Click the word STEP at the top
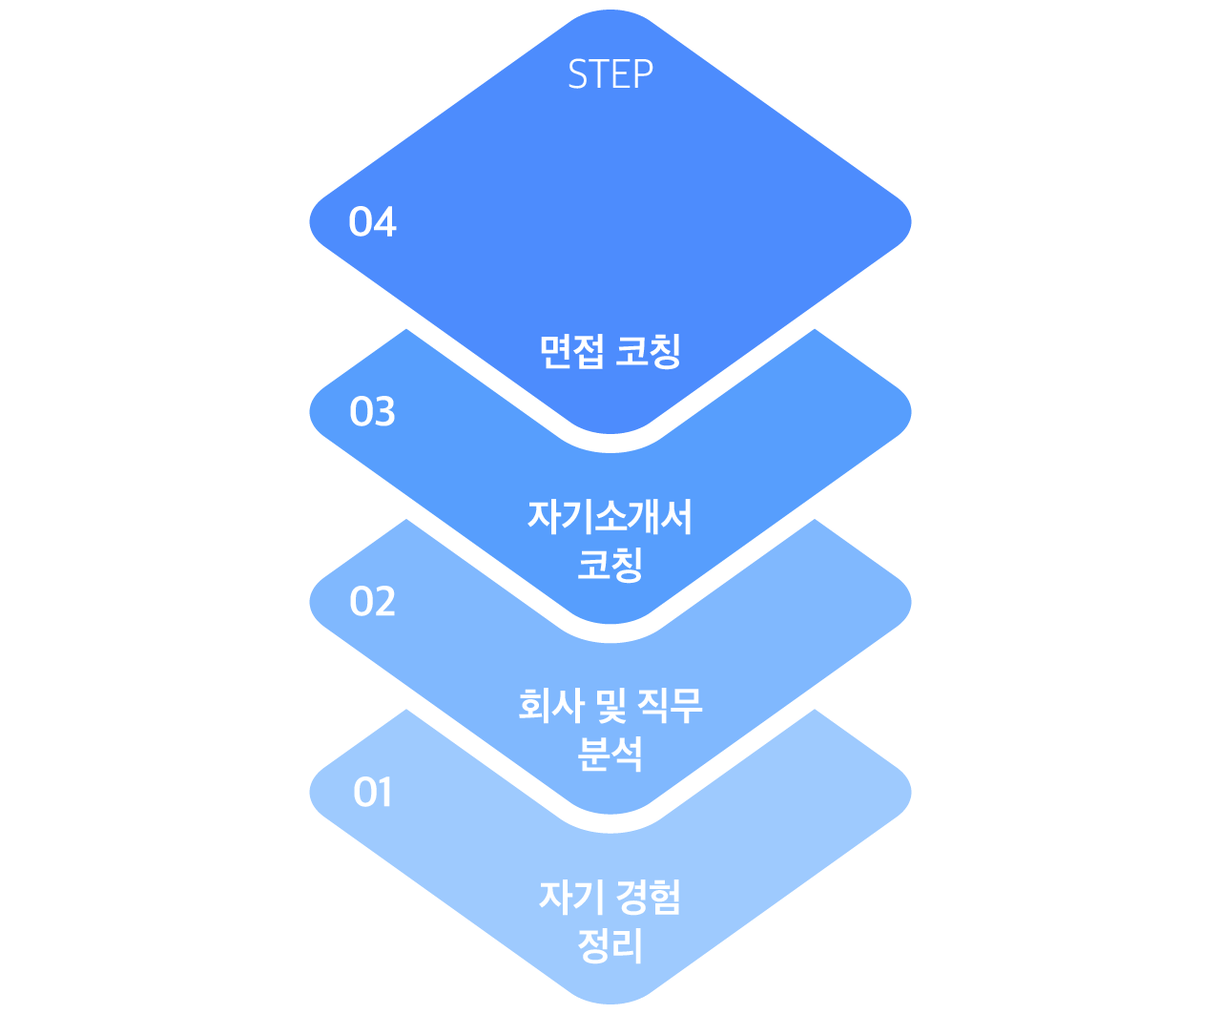coord(610,73)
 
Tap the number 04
coord(372,221)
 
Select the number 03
coord(372,411)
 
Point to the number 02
coord(372,602)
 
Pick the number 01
coord(372,792)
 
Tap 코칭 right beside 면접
coord(649,351)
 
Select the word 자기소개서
coord(610,516)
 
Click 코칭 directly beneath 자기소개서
coord(610,564)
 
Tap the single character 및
coord(611,706)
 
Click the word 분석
coord(610,754)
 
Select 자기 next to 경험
coord(571,897)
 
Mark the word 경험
coord(649,897)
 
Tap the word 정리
coord(610,944)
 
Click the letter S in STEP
coord(577,73)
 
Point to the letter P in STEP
coord(644,73)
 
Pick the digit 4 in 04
coord(384,221)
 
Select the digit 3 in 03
coord(384,411)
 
